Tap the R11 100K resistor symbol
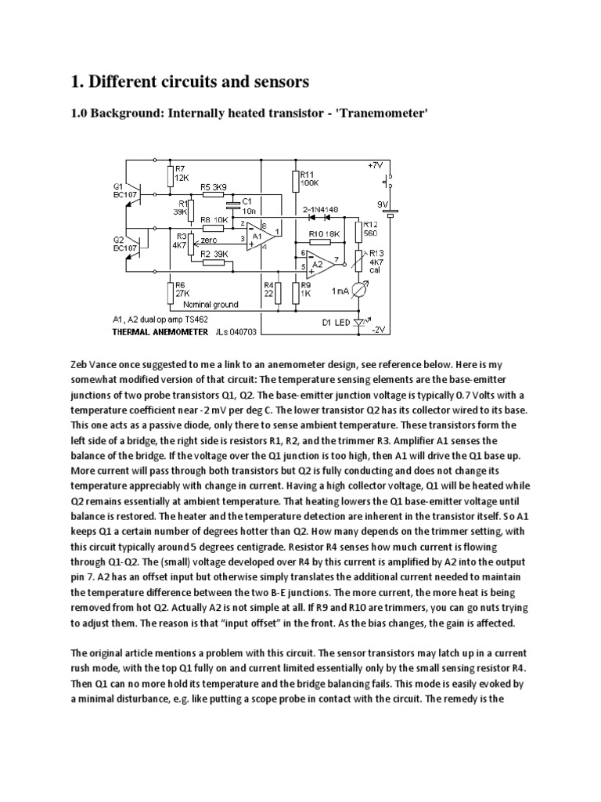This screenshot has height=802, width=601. [294, 181]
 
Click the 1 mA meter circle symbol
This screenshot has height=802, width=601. [360, 291]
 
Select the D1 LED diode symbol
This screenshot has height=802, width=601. [359, 322]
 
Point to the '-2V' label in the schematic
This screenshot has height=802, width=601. [379, 331]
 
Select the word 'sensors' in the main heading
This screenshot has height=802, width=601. [272, 81]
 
